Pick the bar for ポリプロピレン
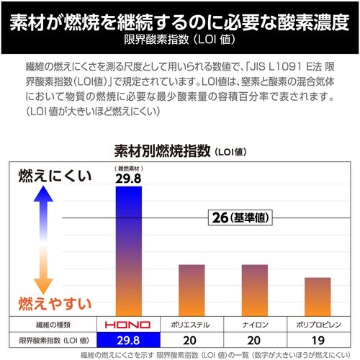(x=312, y=295)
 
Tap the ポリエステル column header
(x=192, y=324)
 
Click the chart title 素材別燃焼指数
(x=163, y=151)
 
